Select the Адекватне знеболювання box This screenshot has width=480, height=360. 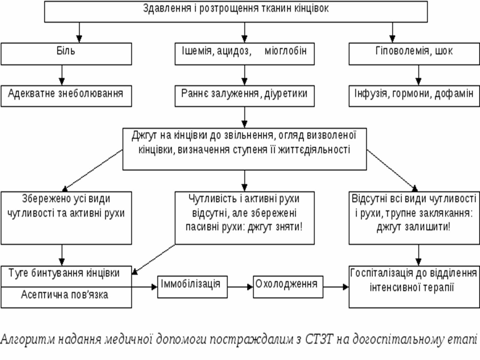[x=66, y=96]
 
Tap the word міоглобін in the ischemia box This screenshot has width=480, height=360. [x=285, y=51]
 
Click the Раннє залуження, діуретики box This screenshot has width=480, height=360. [x=244, y=96]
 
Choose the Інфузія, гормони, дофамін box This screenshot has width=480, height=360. [x=414, y=96]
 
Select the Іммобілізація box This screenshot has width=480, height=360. [x=192, y=286]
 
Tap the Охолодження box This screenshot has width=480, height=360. [x=288, y=286]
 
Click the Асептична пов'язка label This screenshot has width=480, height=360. [x=64, y=295]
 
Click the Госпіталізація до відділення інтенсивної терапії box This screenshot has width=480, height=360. [x=414, y=286]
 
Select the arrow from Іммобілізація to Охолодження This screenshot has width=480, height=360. [x=240, y=287]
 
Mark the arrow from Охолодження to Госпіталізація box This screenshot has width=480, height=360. [x=336, y=287]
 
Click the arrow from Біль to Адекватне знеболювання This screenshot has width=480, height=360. [x=62, y=75]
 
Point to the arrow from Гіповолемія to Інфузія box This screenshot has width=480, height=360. [x=418, y=75]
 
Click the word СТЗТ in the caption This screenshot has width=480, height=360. [x=319, y=339]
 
